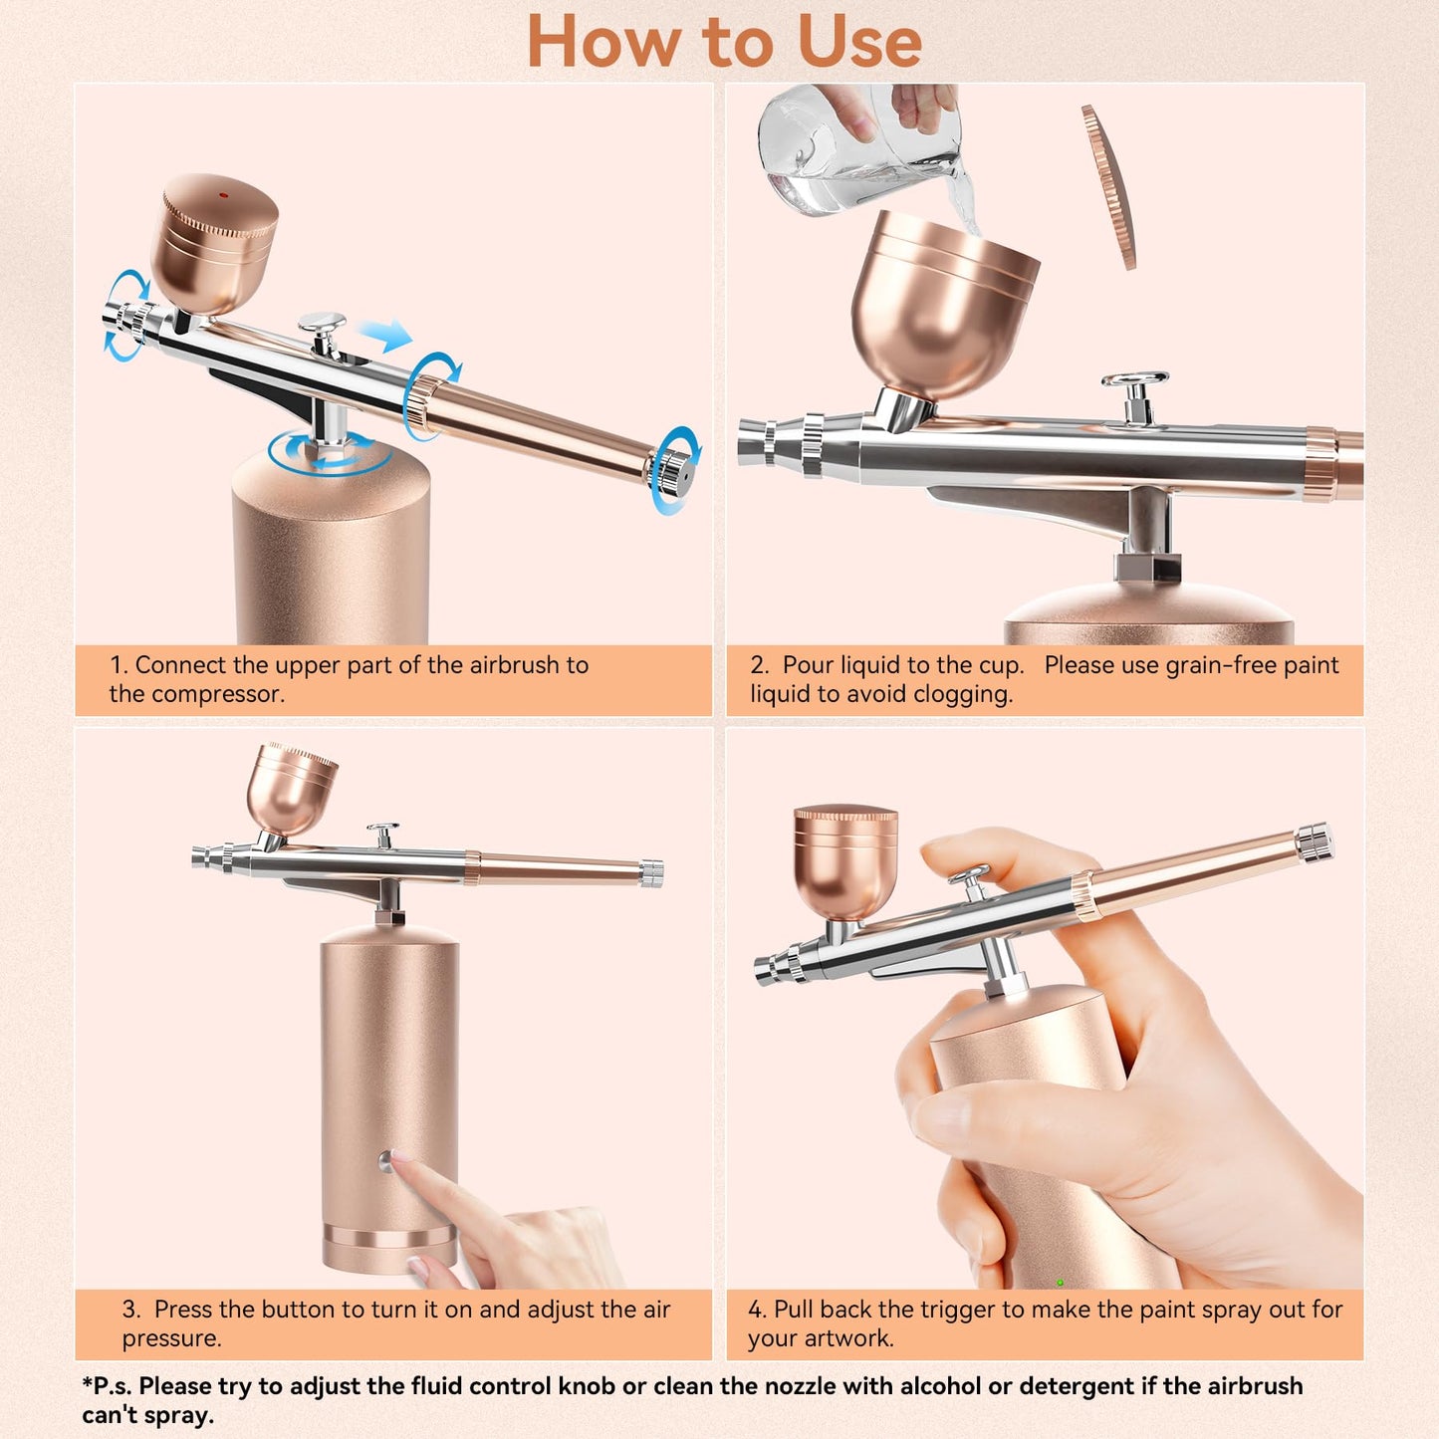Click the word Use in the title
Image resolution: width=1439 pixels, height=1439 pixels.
click(x=858, y=43)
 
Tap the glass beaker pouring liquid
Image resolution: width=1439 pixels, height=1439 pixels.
click(x=846, y=149)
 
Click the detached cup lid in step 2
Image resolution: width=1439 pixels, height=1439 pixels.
click(x=1109, y=186)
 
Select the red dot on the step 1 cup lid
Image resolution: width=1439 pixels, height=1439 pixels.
click(x=222, y=194)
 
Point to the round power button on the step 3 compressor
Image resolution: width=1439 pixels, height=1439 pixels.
click(x=385, y=1159)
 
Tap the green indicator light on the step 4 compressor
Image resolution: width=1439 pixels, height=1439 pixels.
click(x=1060, y=1283)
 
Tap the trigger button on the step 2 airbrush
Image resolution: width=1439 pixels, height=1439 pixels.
click(x=1135, y=381)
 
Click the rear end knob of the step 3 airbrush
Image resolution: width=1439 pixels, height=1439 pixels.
click(x=651, y=873)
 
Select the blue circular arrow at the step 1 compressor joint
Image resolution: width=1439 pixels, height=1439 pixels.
click(x=329, y=454)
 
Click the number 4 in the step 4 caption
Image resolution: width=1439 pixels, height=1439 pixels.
click(x=756, y=1310)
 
